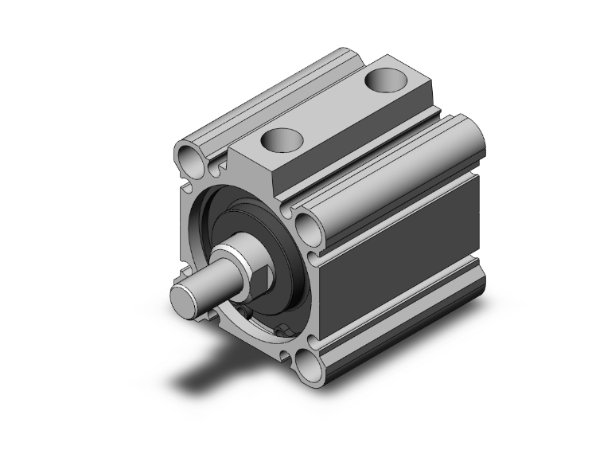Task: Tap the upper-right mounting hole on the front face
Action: [x=308, y=228]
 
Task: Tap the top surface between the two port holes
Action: [x=334, y=112]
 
